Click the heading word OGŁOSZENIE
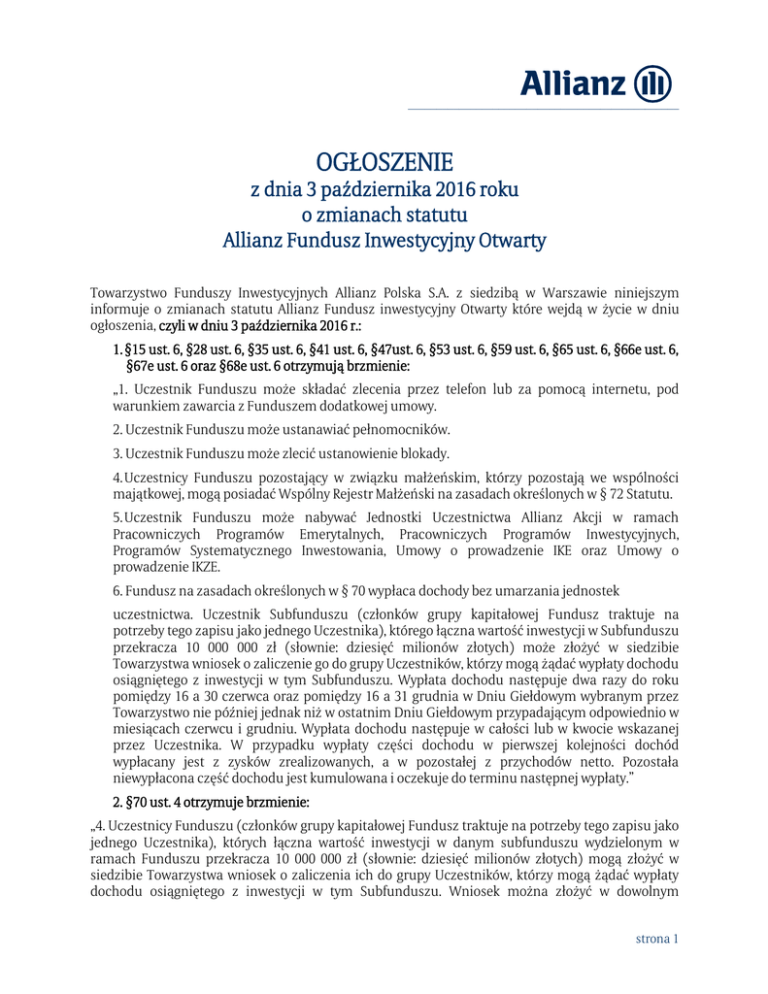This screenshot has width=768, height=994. tap(384, 161)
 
